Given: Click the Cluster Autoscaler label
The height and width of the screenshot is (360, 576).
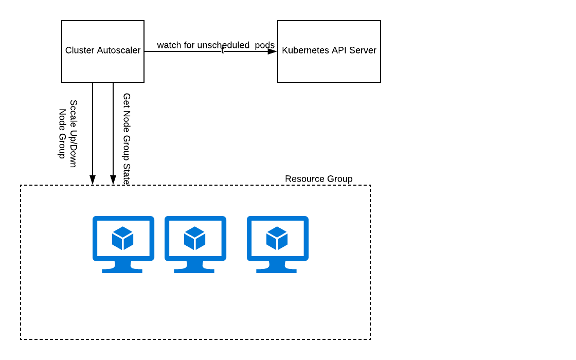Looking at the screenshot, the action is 103,50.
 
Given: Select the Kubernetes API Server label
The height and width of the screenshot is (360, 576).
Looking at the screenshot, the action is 329,50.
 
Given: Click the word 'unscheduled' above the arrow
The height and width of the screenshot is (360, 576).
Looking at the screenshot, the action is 223,45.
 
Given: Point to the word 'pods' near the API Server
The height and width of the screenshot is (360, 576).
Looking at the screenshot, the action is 265,46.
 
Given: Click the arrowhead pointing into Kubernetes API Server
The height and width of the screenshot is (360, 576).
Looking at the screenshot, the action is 272,51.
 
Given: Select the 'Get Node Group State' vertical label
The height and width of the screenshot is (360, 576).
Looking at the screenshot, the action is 127,139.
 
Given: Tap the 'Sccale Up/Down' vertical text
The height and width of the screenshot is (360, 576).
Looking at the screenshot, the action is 74,134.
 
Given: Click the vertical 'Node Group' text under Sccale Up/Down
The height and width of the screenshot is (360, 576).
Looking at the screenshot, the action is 62,134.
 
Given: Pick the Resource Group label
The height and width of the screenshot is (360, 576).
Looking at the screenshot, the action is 319,179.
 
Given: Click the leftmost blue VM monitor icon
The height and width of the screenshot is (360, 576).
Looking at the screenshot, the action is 123,244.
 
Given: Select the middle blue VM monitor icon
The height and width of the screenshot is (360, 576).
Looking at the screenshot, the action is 195,244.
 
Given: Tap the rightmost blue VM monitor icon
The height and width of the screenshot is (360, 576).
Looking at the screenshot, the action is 278,244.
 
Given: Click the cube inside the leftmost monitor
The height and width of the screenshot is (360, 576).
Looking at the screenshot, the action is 123,238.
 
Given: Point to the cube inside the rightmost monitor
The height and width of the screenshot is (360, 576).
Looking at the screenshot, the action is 277,238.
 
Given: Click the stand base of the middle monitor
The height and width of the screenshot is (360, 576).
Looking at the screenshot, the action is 194,271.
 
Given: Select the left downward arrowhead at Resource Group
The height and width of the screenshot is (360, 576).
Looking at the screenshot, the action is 93,179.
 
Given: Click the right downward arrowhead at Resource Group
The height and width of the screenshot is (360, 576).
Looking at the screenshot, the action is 113,179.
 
